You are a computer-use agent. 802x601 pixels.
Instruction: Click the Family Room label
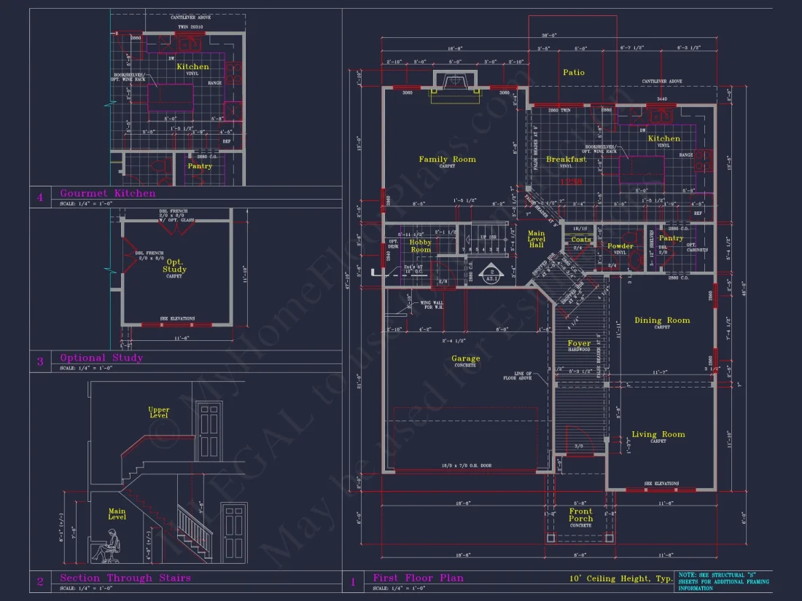(447, 160)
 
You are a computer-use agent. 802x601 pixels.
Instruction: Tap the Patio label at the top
(574, 72)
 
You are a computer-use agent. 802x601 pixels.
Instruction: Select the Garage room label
(465, 358)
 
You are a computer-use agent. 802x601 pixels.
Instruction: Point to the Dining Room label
(661, 321)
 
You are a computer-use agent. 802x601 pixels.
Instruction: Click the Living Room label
(658, 435)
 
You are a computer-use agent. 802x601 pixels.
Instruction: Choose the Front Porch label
(580, 515)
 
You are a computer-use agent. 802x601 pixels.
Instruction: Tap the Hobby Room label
(420, 246)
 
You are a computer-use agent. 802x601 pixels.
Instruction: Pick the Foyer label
(579, 344)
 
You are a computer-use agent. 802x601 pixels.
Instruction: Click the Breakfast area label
(566, 160)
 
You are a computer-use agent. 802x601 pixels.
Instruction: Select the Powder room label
(620, 246)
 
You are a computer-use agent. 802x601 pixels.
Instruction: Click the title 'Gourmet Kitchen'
(107, 193)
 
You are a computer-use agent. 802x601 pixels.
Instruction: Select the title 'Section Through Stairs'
(125, 578)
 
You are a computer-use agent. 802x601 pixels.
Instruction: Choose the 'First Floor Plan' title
(418, 578)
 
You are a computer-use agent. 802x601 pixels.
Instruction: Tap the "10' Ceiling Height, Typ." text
(620, 579)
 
